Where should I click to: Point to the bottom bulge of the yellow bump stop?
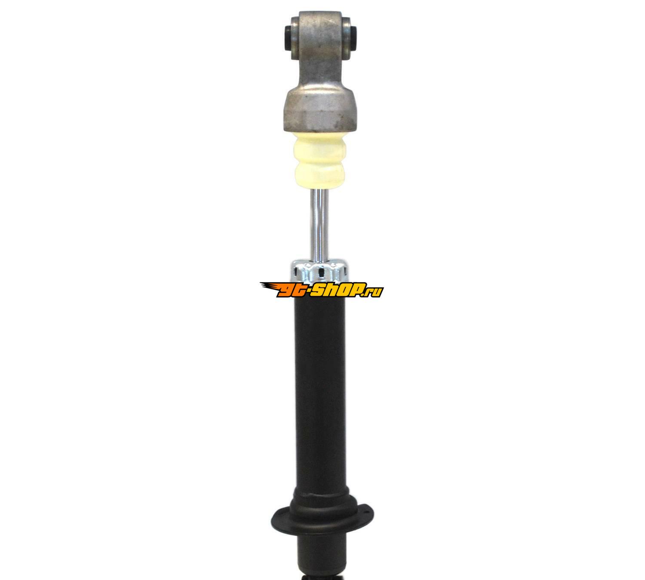tap(321, 176)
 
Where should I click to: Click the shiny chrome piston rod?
tap(320, 226)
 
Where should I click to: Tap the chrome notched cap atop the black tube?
tap(319, 272)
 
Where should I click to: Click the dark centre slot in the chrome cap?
tap(321, 273)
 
